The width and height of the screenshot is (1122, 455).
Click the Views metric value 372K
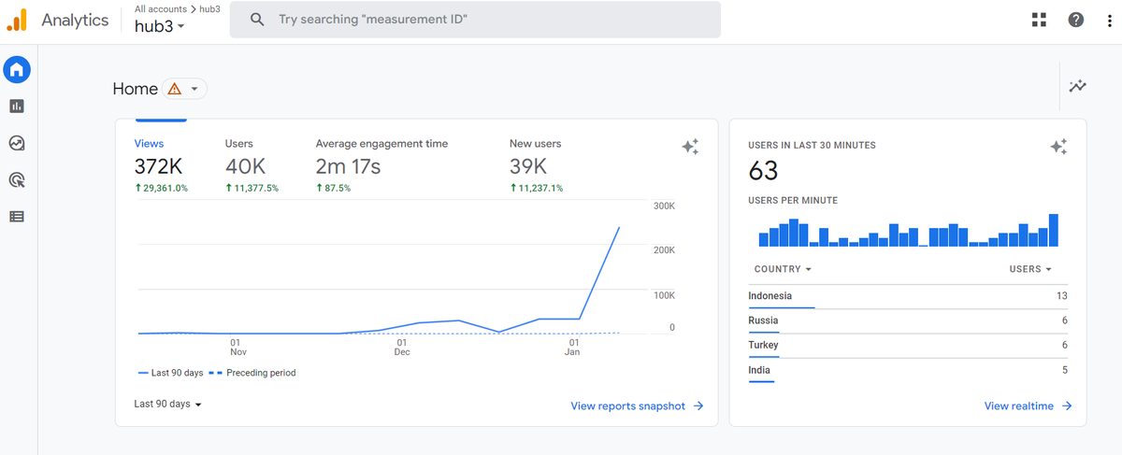tap(158, 166)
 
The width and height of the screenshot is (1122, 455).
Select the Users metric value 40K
tap(245, 166)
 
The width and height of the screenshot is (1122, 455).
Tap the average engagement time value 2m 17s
tap(348, 166)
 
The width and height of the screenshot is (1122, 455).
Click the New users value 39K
tap(528, 166)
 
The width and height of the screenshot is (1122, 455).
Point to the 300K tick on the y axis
tap(664, 206)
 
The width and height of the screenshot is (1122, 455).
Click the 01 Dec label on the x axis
tap(402, 347)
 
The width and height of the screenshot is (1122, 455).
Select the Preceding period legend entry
tap(252, 373)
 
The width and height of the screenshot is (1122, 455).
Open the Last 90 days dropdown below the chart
tap(167, 404)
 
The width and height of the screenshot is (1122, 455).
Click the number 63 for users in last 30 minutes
tap(763, 171)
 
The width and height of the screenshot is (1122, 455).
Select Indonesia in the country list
tap(770, 296)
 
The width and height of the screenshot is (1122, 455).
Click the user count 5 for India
tap(1064, 370)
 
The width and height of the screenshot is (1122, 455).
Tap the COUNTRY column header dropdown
tap(783, 269)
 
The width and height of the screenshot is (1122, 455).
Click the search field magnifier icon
tap(257, 20)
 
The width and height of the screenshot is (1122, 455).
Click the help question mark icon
tap(1076, 20)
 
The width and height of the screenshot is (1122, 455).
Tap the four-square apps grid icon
tap(1040, 20)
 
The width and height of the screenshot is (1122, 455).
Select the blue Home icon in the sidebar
tap(17, 69)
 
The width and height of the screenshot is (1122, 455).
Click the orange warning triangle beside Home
tap(174, 89)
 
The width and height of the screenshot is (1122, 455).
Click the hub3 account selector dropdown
tap(159, 26)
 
